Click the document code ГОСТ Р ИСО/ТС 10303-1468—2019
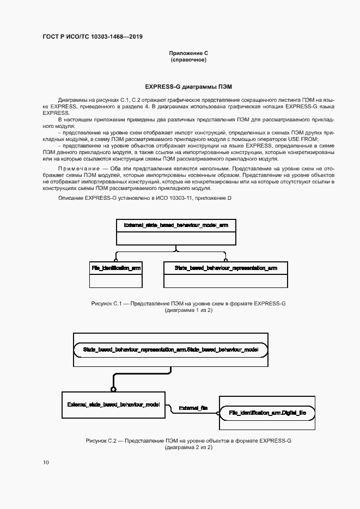click(x=93, y=37)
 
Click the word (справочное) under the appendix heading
click(x=188, y=59)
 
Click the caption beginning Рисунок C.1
click(x=188, y=303)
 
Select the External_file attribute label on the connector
click(x=193, y=407)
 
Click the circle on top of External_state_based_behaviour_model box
click(x=113, y=389)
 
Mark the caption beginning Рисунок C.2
click(x=188, y=440)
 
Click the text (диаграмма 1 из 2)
click(x=188, y=310)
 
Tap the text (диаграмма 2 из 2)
click(x=188, y=447)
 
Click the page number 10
click(x=46, y=463)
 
